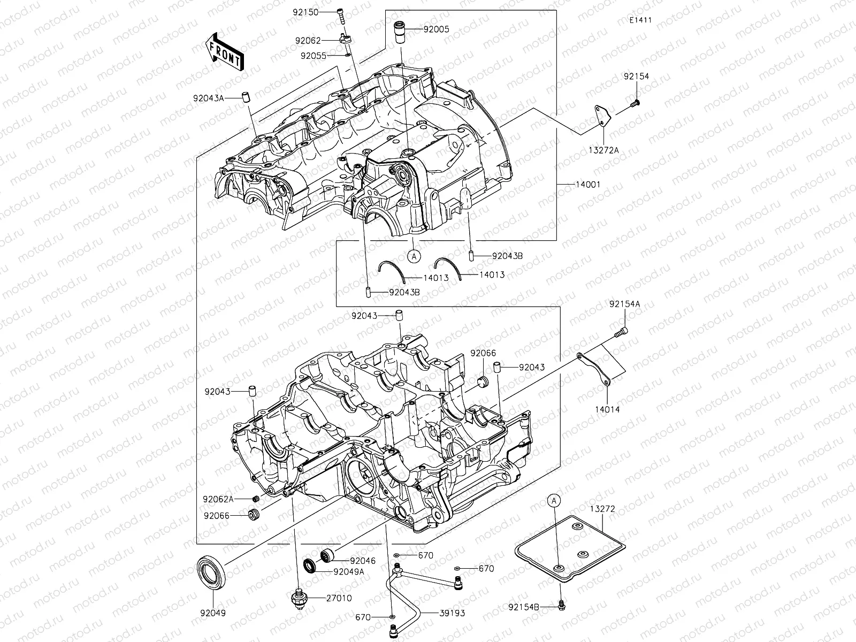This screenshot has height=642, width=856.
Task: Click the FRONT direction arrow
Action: pyautogui.click(x=224, y=51)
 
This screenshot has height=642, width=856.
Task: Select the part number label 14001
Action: pyautogui.click(x=587, y=184)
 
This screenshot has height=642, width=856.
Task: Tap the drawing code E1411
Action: pyautogui.click(x=640, y=20)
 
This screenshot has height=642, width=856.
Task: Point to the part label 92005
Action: pyautogui.click(x=437, y=29)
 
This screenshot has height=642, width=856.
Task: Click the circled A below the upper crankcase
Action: pyautogui.click(x=414, y=257)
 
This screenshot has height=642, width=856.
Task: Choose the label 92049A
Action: pyautogui.click(x=348, y=571)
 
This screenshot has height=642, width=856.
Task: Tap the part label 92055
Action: pyautogui.click(x=314, y=55)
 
